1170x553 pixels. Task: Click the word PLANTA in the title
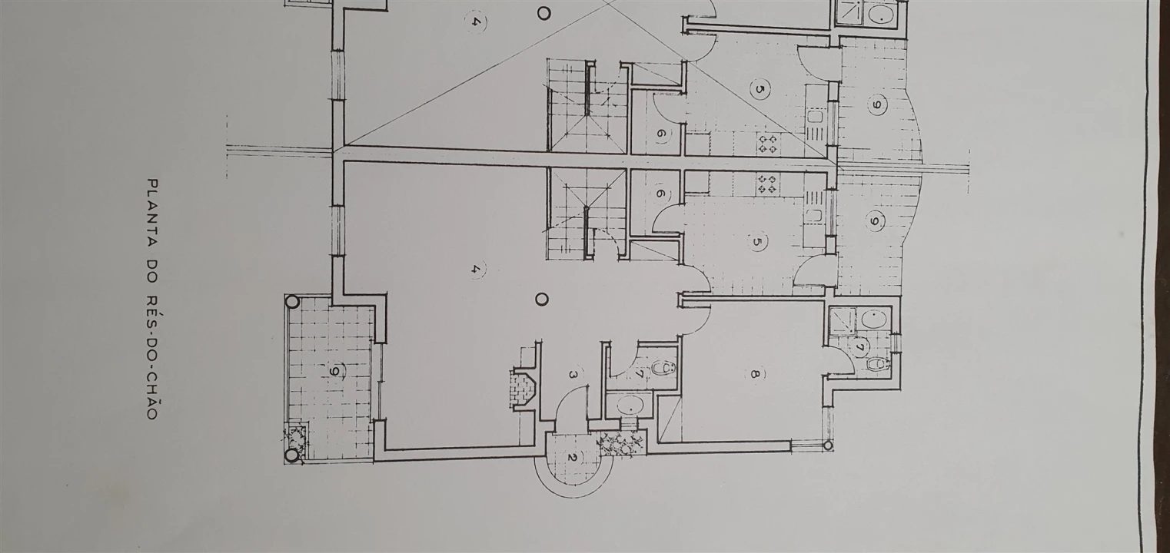click(x=152, y=212)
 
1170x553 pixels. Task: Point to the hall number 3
click(x=573, y=374)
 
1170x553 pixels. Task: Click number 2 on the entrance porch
click(x=571, y=458)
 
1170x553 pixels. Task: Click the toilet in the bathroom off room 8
click(x=876, y=364)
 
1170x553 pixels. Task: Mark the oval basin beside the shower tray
click(x=873, y=319)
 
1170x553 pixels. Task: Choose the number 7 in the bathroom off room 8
click(x=859, y=346)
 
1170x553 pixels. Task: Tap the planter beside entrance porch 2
click(x=620, y=445)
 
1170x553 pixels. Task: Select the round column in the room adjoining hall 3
click(x=543, y=299)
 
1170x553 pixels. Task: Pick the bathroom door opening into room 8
click(x=836, y=360)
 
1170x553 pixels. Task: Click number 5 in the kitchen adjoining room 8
click(x=757, y=241)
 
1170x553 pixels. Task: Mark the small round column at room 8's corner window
click(x=828, y=445)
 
